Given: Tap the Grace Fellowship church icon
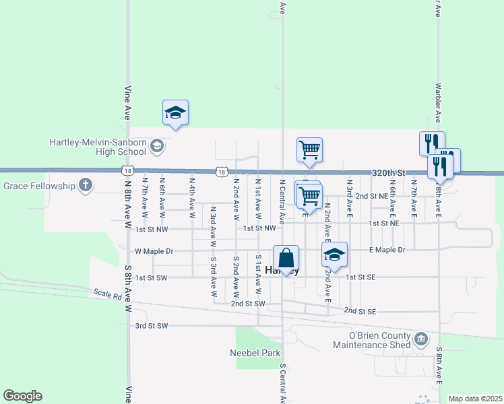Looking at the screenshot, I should [86, 185].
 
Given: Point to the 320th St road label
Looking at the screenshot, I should [387, 173].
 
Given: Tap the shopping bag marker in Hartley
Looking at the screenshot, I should [286, 258].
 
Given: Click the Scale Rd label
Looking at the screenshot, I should [107, 294].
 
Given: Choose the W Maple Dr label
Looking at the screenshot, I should [154, 251].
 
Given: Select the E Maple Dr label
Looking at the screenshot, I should [387, 250].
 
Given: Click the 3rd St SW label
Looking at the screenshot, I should [151, 326].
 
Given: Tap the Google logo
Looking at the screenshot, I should [22, 396].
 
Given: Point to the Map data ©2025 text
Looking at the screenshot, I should [474, 399].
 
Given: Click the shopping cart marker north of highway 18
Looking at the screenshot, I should [309, 149].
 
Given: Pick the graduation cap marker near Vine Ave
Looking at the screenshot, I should [175, 112].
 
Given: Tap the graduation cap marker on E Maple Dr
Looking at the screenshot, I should [334, 255].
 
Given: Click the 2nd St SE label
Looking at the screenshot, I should [360, 311].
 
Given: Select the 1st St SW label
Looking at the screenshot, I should [151, 277].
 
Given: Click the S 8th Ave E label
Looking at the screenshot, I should [439, 366].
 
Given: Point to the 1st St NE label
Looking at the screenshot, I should [383, 223].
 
